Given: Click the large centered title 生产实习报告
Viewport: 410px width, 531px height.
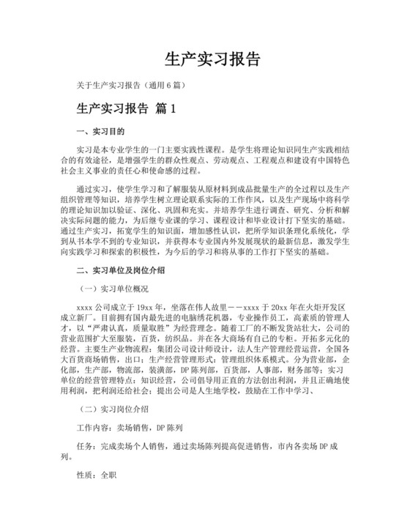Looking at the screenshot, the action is pos(205,59).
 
